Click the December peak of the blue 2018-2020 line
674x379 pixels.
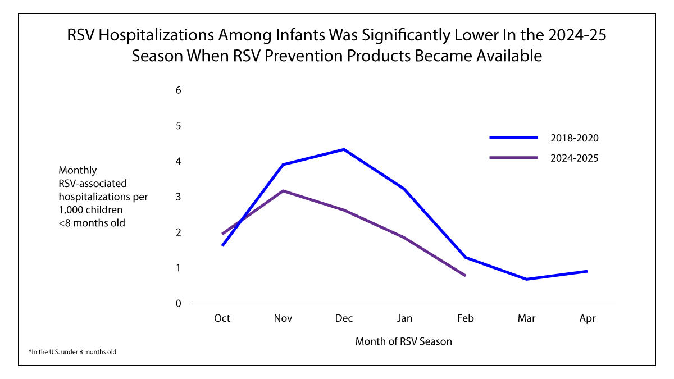coord(344,149)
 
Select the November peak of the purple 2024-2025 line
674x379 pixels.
coord(283,191)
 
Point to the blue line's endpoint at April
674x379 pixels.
coord(587,271)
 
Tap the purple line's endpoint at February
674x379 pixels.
coord(465,275)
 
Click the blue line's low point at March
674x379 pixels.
coord(526,279)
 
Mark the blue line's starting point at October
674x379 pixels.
coord(223,245)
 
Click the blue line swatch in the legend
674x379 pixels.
coord(514,138)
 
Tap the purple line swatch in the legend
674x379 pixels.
coord(514,158)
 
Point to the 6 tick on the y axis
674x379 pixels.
coord(178,90)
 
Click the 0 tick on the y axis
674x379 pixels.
coord(178,304)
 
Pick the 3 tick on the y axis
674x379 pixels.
coord(178,197)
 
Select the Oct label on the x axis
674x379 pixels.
coord(222,318)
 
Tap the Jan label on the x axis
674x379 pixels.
coord(404,318)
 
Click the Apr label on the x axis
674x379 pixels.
coord(587,318)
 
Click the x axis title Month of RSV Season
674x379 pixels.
coord(403,341)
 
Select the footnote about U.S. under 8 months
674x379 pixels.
coord(72,352)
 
